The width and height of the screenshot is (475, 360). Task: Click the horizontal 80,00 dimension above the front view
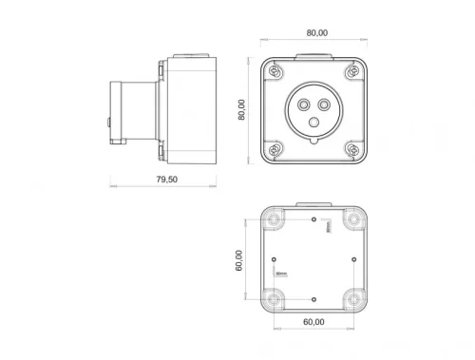pos(316,32)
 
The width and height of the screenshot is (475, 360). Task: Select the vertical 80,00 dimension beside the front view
pos(241,109)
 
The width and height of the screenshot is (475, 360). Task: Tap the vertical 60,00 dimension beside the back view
pos(239,259)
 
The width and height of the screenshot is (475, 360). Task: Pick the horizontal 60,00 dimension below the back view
pos(313,323)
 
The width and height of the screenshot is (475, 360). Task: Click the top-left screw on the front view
pos(275,71)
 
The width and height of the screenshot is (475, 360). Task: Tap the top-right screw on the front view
pos(353,71)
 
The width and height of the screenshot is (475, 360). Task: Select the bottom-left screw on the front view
pos(275,148)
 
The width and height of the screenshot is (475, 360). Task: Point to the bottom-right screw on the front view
pos(353,148)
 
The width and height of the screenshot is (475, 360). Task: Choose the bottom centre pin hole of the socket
pos(314,121)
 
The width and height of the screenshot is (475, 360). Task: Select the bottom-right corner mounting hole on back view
pos(353,298)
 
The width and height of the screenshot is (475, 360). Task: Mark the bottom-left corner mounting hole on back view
pos(275,298)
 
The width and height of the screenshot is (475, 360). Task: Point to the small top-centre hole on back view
pos(314,218)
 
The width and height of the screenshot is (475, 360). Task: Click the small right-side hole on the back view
pos(353,258)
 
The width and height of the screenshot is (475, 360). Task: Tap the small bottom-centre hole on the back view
pos(314,298)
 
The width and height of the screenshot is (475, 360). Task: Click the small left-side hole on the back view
pos(274,258)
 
